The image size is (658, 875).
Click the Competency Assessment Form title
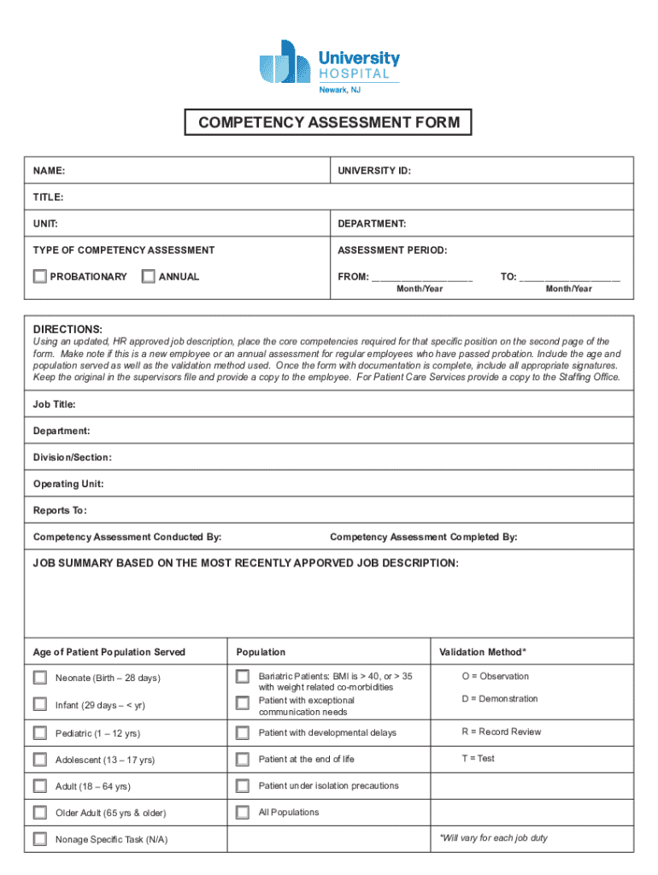(x=329, y=123)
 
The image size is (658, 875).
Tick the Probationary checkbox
(x=40, y=276)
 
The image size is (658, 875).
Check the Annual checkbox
(x=149, y=276)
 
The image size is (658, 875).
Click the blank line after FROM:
(x=422, y=278)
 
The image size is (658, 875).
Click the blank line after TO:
(x=570, y=278)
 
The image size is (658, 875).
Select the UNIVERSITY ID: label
(x=374, y=171)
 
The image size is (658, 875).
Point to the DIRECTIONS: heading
(x=68, y=329)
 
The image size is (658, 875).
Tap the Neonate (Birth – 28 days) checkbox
(x=40, y=678)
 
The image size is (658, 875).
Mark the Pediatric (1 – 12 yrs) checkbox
(x=40, y=733)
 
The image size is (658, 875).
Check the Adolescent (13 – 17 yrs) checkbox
(x=40, y=760)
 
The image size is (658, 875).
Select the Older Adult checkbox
(x=40, y=813)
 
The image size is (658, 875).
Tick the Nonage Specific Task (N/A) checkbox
(x=40, y=839)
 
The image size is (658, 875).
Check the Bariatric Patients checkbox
(x=243, y=678)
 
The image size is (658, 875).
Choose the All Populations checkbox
(x=243, y=813)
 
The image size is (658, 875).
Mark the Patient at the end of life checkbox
(x=243, y=760)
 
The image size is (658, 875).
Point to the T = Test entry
(x=479, y=758)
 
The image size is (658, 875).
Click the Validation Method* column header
(x=483, y=652)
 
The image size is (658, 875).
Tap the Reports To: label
(x=60, y=510)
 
